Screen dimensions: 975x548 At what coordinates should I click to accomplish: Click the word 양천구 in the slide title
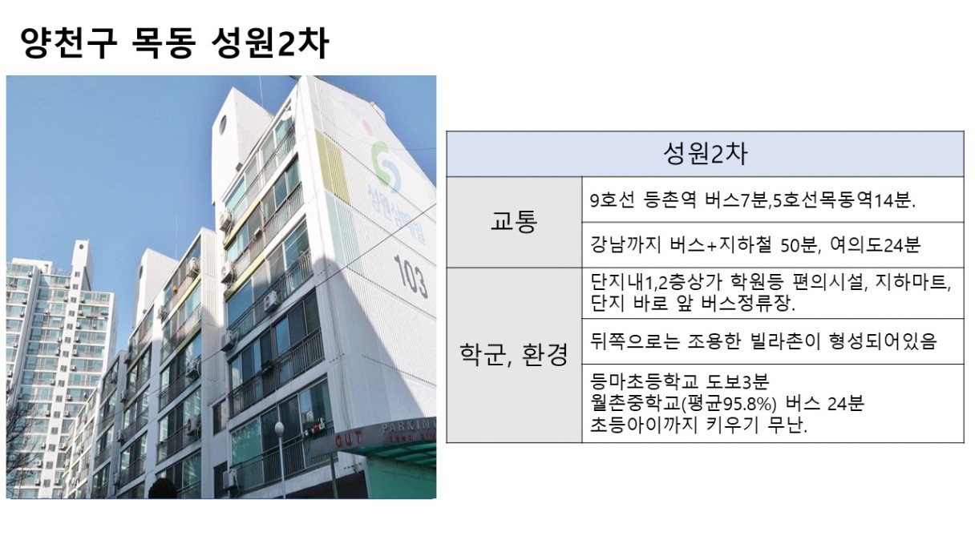pyautogui.click(x=69, y=43)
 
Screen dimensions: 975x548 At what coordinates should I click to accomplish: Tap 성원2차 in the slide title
pyautogui.click(x=270, y=43)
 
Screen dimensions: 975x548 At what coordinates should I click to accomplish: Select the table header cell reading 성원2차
pyautogui.click(x=705, y=154)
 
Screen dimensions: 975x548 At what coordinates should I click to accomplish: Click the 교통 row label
pyautogui.click(x=514, y=221)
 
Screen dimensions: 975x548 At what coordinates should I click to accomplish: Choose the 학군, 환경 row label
pyautogui.click(x=514, y=355)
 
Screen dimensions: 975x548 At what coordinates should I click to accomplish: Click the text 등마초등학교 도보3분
pyautogui.click(x=679, y=382)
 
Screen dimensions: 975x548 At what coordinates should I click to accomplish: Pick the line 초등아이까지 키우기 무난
pyautogui.click(x=698, y=425)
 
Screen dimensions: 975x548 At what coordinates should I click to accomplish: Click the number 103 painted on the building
pyautogui.click(x=411, y=276)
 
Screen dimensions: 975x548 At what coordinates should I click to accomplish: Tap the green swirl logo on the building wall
pyautogui.click(x=385, y=163)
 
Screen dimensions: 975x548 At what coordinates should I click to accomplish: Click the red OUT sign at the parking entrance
pyautogui.click(x=348, y=439)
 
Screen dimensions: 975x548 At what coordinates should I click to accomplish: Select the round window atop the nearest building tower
pyautogui.click(x=223, y=125)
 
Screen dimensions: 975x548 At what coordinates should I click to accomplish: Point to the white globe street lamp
pyautogui.click(x=280, y=429)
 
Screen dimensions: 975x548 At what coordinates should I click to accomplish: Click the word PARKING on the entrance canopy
pyautogui.click(x=409, y=427)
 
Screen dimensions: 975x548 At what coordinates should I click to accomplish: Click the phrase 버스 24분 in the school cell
pyautogui.click(x=825, y=404)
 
